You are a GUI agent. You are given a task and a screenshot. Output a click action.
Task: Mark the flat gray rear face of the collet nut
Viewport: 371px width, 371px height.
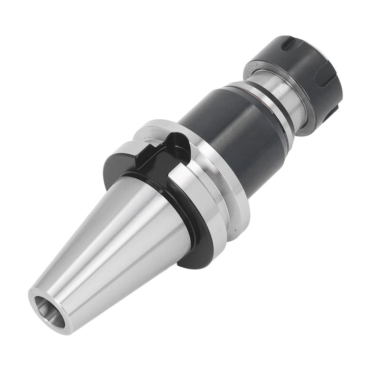pyautogui.click(x=254, y=67)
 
